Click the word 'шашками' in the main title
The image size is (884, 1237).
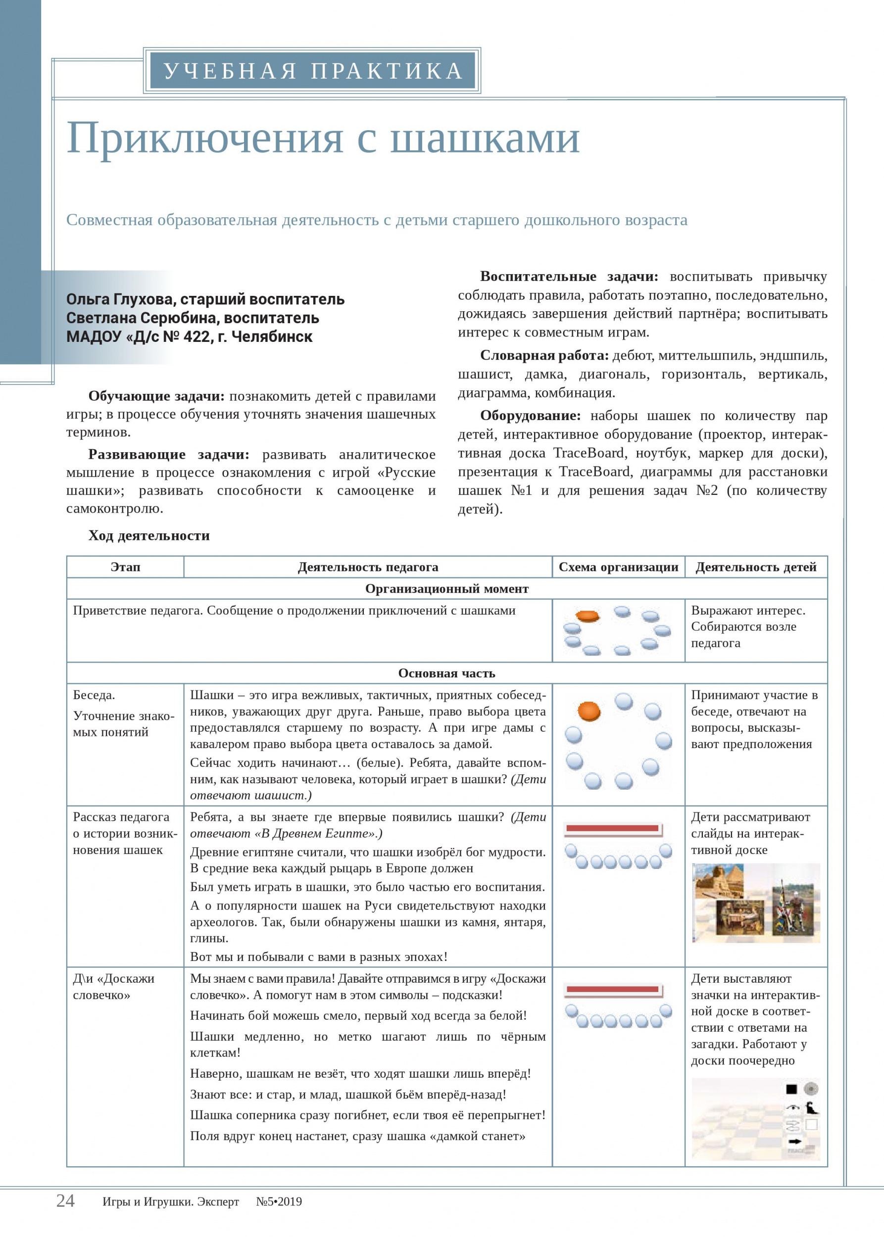click(x=485, y=138)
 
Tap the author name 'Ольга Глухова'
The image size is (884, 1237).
click(x=119, y=299)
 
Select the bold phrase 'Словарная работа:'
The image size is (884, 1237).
click(x=544, y=355)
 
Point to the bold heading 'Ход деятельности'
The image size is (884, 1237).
click(x=148, y=535)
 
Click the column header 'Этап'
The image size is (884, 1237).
click(x=125, y=567)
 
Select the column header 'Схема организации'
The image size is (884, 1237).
click(x=618, y=567)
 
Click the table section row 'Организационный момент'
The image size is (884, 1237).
click(x=446, y=588)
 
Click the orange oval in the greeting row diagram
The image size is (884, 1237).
click(x=588, y=616)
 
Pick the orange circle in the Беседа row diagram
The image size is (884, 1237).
click(x=589, y=711)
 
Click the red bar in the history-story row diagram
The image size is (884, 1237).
click(x=612, y=828)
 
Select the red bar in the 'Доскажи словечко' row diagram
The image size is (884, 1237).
click(x=612, y=989)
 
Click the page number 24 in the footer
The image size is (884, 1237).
click(x=65, y=1200)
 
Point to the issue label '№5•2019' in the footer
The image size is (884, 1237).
click(x=279, y=1202)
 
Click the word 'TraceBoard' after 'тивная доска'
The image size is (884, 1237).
click(x=589, y=453)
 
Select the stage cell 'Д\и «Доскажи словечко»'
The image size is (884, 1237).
click(x=113, y=986)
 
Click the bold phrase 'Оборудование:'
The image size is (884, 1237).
click(x=530, y=415)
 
